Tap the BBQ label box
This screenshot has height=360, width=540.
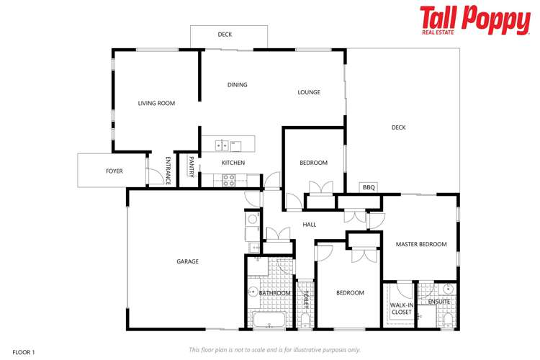369,187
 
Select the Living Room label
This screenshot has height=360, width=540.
156,104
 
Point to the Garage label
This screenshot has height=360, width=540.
187,261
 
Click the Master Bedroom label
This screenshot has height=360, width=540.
421,245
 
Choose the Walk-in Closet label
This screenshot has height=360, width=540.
402,308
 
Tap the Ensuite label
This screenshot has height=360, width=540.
438,302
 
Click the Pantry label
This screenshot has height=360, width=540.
192,166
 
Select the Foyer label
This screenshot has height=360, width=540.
114,171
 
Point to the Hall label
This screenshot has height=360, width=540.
310,225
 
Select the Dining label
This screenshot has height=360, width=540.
237,85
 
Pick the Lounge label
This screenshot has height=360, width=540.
309,92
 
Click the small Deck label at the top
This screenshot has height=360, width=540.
225,35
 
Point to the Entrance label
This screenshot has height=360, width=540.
168,170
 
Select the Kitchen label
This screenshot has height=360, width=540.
233,163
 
